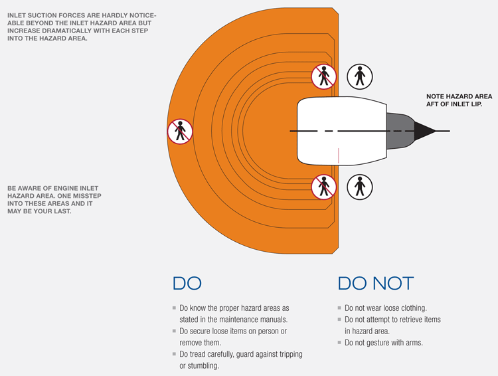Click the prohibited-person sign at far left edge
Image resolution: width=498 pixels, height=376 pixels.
point(179,132)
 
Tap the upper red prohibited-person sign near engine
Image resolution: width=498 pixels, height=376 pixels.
point(324,76)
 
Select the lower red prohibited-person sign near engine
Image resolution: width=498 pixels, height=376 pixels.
point(324,187)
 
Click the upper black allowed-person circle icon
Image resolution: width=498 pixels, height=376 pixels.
point(360,76)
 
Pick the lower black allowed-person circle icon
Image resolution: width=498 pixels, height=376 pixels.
point(360,187)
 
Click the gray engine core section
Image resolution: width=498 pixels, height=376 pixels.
point(398,131)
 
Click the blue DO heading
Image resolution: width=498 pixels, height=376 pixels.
point(187,283)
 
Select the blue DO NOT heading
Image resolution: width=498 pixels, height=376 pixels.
point(375,283)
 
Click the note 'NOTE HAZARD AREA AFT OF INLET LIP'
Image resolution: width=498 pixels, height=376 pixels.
point(458,100)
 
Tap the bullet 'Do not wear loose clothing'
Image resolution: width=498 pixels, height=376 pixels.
point(385,308)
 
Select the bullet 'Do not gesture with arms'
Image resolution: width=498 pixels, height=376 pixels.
point(383,343)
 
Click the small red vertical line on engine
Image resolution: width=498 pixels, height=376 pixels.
point(339,155)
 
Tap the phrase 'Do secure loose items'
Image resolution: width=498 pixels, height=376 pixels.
point(219,331)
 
